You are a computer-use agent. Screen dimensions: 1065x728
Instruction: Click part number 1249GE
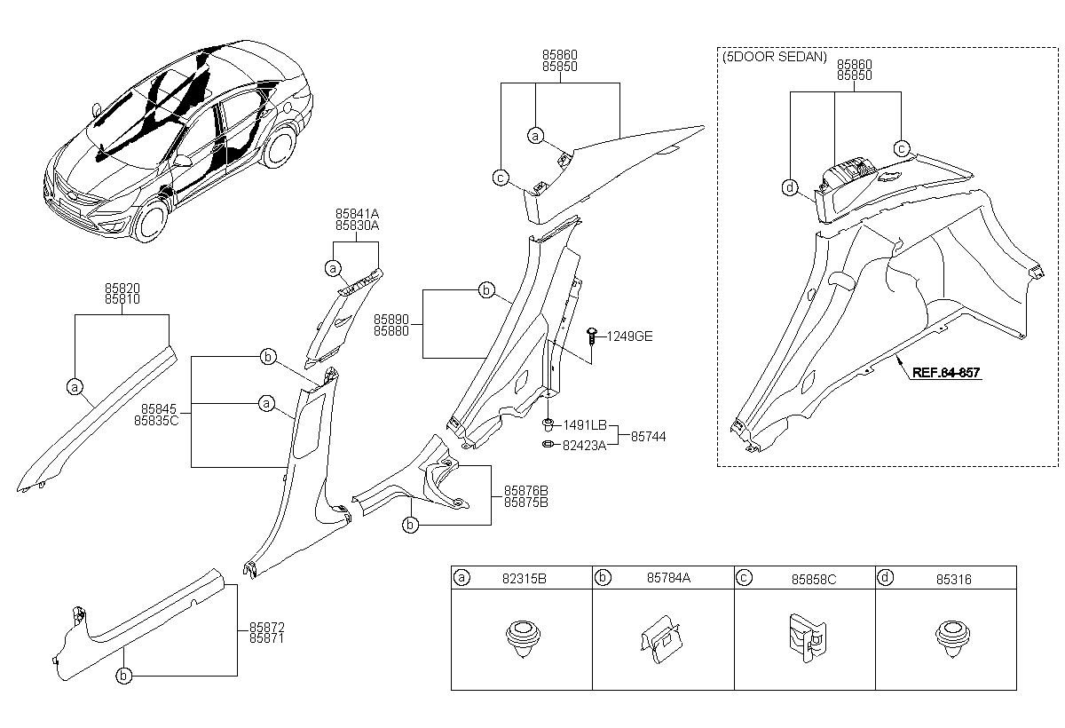(x=629, y=336)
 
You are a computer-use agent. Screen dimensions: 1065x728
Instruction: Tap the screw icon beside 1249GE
(x=592, y=336)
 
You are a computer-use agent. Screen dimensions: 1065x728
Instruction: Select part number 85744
(x=648, y=437)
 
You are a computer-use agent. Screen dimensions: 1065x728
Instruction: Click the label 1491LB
(x=585, y=424)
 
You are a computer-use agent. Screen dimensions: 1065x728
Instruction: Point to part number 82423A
(x=584, y=446)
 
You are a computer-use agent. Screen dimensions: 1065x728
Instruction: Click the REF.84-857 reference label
(x=946, y=372)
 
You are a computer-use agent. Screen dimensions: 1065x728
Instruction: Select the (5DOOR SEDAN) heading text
(x=775, y=57)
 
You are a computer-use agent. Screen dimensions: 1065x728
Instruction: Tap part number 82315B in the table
(x=524, y=578)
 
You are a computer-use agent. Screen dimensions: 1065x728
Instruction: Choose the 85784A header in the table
(x=668, y=578)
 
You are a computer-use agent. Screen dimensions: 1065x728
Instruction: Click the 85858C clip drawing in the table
(x=808, y=637)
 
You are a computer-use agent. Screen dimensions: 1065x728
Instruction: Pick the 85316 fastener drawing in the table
(x=952, y=638)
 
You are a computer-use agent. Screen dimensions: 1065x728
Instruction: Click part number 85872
(x=267, y=627)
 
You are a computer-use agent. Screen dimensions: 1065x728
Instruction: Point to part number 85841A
(x=357, y=214)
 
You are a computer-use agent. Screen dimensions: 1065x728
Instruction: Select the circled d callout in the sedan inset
(x=789, y=187)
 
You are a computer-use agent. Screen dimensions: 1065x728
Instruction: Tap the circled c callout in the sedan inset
(x=902, y=149)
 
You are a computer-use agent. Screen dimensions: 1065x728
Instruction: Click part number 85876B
(x=525, y=491)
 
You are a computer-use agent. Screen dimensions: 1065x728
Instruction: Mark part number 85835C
(x=156, y=421)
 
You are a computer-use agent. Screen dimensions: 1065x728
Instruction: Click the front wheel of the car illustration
(x=152, y=219)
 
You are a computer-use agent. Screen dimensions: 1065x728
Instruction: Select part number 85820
(x=122, y=289)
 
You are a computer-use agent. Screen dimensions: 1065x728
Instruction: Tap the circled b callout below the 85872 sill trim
(x=123, y=676)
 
